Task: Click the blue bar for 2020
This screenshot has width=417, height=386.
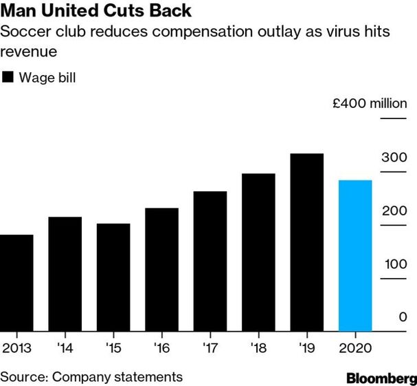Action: tap(355, 255)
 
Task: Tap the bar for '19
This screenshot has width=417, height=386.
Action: tap(307, 242)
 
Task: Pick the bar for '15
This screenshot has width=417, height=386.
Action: tap(113, 277)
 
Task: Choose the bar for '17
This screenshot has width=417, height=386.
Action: tap(210, 261)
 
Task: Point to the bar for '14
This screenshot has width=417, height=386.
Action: tap(65, 274)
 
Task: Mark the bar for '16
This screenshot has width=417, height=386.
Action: tap(162, 270)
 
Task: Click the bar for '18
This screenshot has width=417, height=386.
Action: tap(258, 252)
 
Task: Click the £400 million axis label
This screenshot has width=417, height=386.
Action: tap(370, 104)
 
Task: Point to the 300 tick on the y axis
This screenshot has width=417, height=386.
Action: tap(394, 158)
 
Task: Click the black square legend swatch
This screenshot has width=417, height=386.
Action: tap(8, 77)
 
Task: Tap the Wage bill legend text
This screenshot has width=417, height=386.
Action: tap(47, 77)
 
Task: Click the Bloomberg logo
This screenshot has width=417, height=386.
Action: tap(381, 378)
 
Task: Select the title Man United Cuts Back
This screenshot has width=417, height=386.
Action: tap(96, 12)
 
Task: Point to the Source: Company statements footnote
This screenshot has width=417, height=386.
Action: tap(91, 377)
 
